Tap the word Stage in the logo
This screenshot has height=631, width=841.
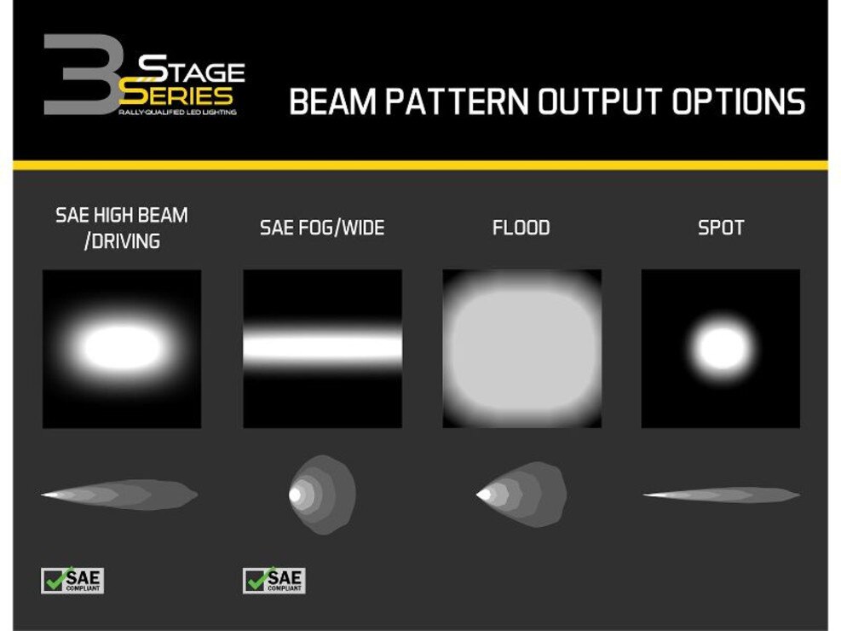coord(192,69)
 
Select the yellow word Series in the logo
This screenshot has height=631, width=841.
coord(176,95)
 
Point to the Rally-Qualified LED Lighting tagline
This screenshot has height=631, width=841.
coord(177,113)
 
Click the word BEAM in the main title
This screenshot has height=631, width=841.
coord(332,101)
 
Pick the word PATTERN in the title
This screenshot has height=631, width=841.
coord(458,101)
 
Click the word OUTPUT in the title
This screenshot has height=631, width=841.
coord(600,101)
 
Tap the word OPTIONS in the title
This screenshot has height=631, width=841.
coord(739,101)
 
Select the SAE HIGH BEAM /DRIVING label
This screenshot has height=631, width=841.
coord(122,228)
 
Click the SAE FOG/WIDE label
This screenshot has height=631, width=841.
coord(322,228)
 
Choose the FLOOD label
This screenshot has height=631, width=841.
coord(521,228)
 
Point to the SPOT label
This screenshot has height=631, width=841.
coord(721,228)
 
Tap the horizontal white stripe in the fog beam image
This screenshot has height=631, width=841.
coord(322,347)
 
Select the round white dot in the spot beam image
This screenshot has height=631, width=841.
coord(721,348)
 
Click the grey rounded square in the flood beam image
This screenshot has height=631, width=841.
coord(521,349)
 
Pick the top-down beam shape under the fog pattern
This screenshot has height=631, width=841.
coord(322,495)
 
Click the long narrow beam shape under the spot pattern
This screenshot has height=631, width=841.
coord(721,495)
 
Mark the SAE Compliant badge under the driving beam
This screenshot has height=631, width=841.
coord(72,581)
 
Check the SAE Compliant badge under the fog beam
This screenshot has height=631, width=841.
coord(274,581)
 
